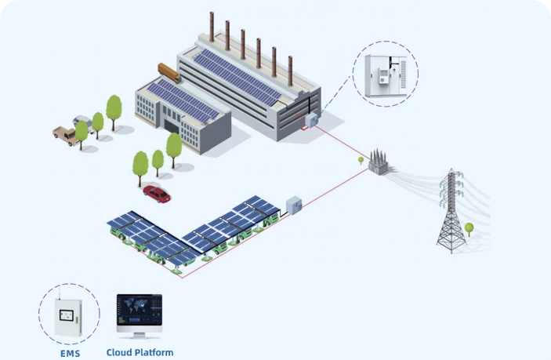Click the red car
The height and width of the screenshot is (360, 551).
(x=156, y=194)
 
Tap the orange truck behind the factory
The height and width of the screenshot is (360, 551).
(x=169, y=72)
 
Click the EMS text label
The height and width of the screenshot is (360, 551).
(x=70, y=353)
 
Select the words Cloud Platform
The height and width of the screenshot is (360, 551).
(x=140, y=352)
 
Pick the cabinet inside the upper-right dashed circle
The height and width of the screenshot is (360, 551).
(x=386, y=75)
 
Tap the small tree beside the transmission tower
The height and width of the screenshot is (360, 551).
(x=469, y=229)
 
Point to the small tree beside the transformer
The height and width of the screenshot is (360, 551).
(x=361, y=161)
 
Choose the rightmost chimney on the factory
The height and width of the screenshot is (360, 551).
(x=290, y=71)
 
